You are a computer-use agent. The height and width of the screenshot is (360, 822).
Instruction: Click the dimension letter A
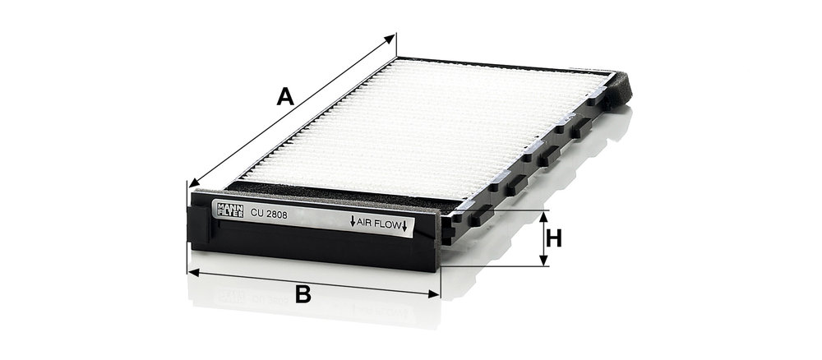pyautogui.click(x=285, y=96)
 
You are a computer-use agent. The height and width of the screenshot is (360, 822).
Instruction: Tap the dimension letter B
pyautogui.click(x=303, y=295)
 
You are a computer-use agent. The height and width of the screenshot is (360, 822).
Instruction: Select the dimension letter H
pyautogui.click(x=553, y=238)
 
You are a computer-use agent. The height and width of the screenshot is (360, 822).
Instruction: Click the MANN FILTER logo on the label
pyautogui.click(x=230, y=210)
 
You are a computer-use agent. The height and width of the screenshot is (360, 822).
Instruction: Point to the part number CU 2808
pyautogui.click(x=270, y=213)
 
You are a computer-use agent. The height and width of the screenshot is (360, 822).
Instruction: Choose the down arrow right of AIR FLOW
pyautogui.click(x=404, y=226)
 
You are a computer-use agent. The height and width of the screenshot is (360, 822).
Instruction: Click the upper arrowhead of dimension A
pyautogui.click(x=390, y=38)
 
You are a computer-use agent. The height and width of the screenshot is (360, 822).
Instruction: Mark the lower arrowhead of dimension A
pyautogui.click(x=195, y=182)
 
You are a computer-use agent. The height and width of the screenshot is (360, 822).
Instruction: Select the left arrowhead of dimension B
pyautogui.click(x=193, y=272)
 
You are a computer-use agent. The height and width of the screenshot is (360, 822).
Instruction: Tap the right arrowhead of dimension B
pyautogui.click(x=434, y=294)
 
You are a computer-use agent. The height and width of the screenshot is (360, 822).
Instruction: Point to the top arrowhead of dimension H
pyautogui.click(x=543, y=216)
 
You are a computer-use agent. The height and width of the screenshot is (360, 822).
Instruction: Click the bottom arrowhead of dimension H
pyautogui.click(x=543, y=260)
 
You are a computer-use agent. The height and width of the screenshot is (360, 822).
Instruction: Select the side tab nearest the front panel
pyautogui.click(x=481, y=215)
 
